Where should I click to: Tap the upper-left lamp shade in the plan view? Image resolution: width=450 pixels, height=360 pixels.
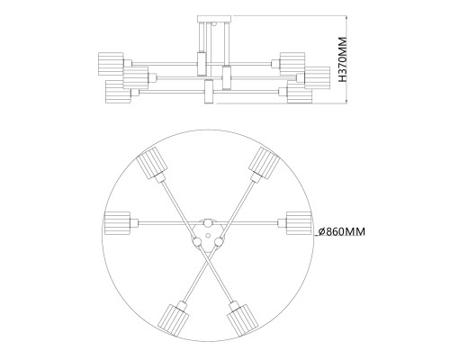(x=151, y=166)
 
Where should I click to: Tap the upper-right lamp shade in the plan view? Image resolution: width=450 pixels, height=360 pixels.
(x=263, y=164)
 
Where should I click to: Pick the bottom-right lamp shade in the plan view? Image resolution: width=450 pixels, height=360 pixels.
(x=241, y=320)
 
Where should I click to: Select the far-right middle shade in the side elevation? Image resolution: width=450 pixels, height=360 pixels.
(x=321, y=75)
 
